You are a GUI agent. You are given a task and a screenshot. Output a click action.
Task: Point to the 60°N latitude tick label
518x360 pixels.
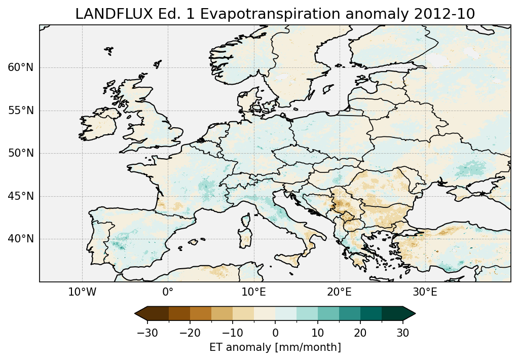click(20, 67)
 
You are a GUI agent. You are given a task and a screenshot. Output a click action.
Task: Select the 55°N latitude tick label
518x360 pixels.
click(20, 111)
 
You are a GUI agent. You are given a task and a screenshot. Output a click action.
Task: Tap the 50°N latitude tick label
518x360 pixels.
click(20, 153)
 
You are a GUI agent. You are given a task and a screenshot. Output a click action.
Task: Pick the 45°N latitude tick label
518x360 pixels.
click(20, 196)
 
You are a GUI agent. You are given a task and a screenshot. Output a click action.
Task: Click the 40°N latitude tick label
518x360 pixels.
click(20, 239)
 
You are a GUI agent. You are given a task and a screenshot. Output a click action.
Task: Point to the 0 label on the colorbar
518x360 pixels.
click(275, 333)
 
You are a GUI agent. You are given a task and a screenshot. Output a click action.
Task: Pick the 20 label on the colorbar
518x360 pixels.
click(360, 333)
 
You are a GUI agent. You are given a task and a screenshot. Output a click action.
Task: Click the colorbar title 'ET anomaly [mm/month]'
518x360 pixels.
click(275, 347)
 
